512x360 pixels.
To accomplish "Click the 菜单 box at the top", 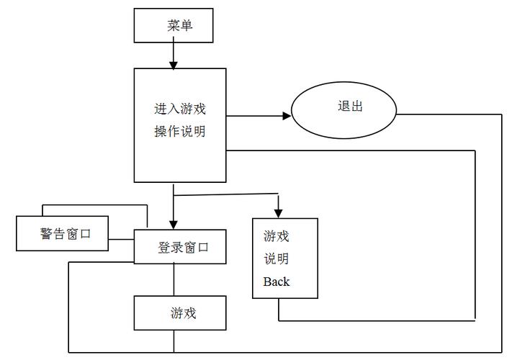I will pyautogui.click(x=174, y=25).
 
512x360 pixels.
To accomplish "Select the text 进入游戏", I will pyautogui.click(x=180, y=109).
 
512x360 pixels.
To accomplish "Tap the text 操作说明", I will pyautogui.click(x=180, y=131).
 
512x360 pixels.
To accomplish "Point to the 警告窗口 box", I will pyautogui.click(x=63, y=233).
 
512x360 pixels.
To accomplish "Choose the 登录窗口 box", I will pyautogui.click(x=180, y=247).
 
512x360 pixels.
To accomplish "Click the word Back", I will pyautogui.click(x=277, y=282).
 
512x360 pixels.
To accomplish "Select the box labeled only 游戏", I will pyautogui.click(x=180, y=313).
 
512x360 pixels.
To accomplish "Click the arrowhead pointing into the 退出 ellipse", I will pyautogui.click(x=286, y=115).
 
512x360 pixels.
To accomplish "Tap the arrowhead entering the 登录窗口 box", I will pyautogui.click(x=174, y=224).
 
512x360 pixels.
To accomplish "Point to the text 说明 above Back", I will pyautogui.click(x=277, y=258).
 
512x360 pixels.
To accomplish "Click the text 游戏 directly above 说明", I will pyautogui.click(x=277, y=236).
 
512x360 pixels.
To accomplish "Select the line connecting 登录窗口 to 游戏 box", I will pyautogui.click(x=174, y=279).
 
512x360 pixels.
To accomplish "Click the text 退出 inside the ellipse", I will pyautogui.click(x=350, y=107).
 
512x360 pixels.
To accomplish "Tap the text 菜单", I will pyautogui.click(x=180, y=25).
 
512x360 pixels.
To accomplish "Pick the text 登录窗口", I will pyautogui.click(x=184, y=248).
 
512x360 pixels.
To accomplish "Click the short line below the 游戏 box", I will pyautogui.click(x=174, y=341).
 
